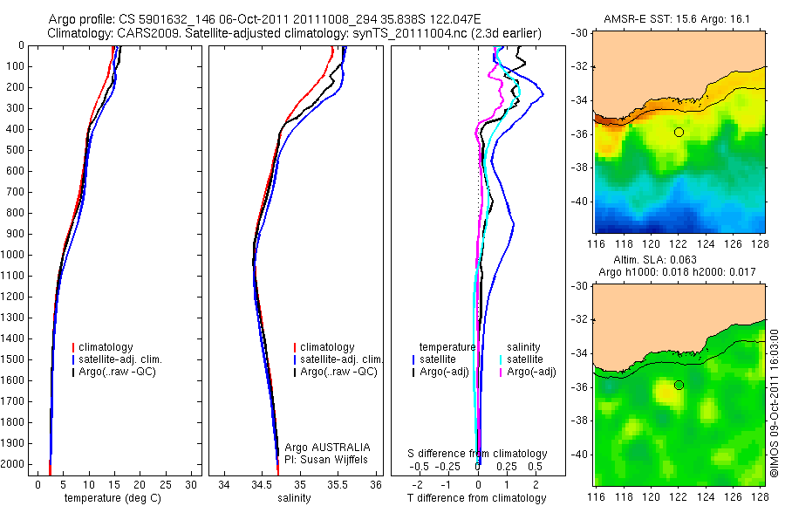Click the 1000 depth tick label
click(15, 255)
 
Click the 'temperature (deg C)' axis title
click(113, 498)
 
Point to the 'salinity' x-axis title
click(294, 498)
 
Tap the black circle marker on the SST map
click(679, 132)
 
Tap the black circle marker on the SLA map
click(679, 385)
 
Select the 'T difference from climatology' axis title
click(477, 498)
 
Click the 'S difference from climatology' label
click(477, 454)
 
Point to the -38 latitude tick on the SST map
click(580, 168)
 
